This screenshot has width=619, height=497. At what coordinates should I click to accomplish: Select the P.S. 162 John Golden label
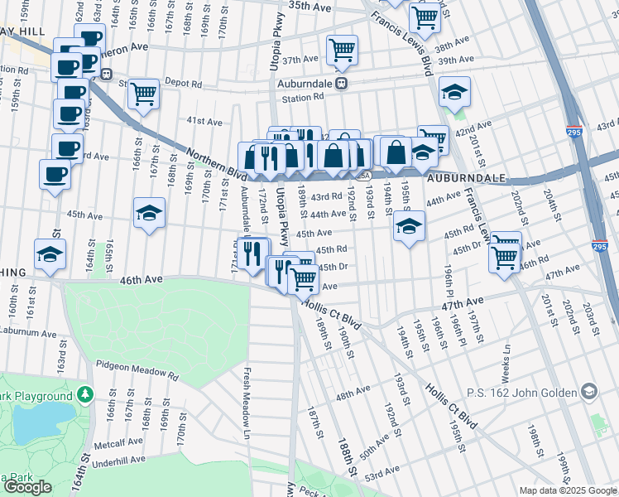point(527,389)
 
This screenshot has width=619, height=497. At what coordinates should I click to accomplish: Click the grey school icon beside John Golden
point(588,389)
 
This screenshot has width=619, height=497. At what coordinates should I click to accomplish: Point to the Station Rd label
point(301,98)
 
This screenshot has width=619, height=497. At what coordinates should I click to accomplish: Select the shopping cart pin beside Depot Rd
point(144,94)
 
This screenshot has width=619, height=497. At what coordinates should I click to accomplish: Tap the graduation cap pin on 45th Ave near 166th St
point(150,214)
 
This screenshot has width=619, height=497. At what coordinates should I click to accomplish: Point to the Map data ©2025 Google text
point(567,490)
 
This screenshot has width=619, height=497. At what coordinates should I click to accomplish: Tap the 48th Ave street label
point(353,398)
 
